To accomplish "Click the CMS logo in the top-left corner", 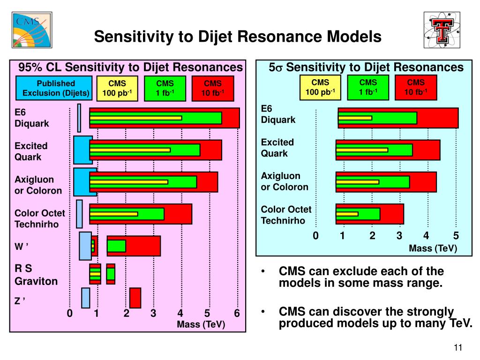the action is [32, 30].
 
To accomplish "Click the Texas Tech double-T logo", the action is [442, 30].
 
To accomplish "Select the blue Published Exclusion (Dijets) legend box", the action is [54, 88].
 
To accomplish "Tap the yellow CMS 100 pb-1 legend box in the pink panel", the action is [117, 88].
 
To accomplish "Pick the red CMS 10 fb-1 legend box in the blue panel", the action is [416, 87].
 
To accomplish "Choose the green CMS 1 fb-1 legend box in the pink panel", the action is [165, 88].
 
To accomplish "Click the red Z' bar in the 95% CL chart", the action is [135, 298].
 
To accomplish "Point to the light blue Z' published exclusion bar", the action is [86, 298].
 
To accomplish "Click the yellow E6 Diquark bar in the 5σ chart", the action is [355, 118].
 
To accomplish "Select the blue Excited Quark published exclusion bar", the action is [82, 150].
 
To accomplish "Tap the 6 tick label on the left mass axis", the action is [237, 313].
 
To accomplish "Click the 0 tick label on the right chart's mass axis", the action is [315, 235].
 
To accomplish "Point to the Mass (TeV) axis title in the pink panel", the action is [201, 324].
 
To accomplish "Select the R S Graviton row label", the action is [36, 275].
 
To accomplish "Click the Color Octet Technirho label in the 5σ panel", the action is [286, 215].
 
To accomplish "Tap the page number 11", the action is [458, 347].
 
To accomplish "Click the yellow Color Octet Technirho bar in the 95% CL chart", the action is [113, 214].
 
